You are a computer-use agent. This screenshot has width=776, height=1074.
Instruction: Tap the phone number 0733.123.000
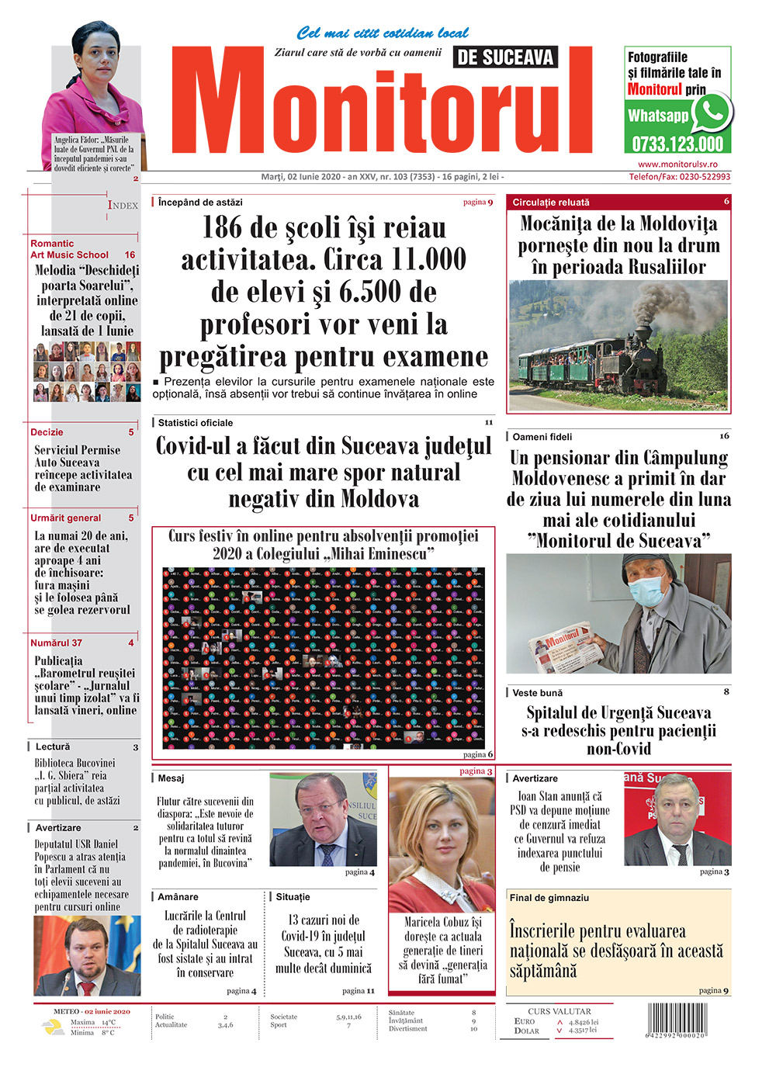pyautogui.click(x=677, y=144)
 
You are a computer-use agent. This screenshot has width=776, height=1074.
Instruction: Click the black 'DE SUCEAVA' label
pyautogui.click(x=505, y=57)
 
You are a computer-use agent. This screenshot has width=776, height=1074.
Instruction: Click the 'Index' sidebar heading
pyautogui.click(x=123, y=205)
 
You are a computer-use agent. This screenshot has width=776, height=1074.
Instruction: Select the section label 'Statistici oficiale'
pyautogui.click(x=195, y=423)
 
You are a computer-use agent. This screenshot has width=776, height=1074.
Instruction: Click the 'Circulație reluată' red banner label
pyautogui.click(x=551, y=203)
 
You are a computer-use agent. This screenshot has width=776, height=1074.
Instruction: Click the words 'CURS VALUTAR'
pyautogui.click(x=559, y=1011)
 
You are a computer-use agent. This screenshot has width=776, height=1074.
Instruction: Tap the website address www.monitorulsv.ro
pyautogui.click(x=677, y=165)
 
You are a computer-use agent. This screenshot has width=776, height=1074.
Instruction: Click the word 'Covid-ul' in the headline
pyautogui.click(x=203, y=446)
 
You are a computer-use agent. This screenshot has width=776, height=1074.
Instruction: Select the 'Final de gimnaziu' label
pyautogui.click(x=549, y=898)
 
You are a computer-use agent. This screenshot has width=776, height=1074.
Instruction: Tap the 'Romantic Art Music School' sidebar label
pyautogui.click(x=69, y=249)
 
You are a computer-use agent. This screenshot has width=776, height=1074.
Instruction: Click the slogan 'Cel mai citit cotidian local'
pyautogui.click(x=383, y=33)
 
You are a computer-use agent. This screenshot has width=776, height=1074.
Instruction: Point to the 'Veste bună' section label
pyautogui.click(x=537, y=693)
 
